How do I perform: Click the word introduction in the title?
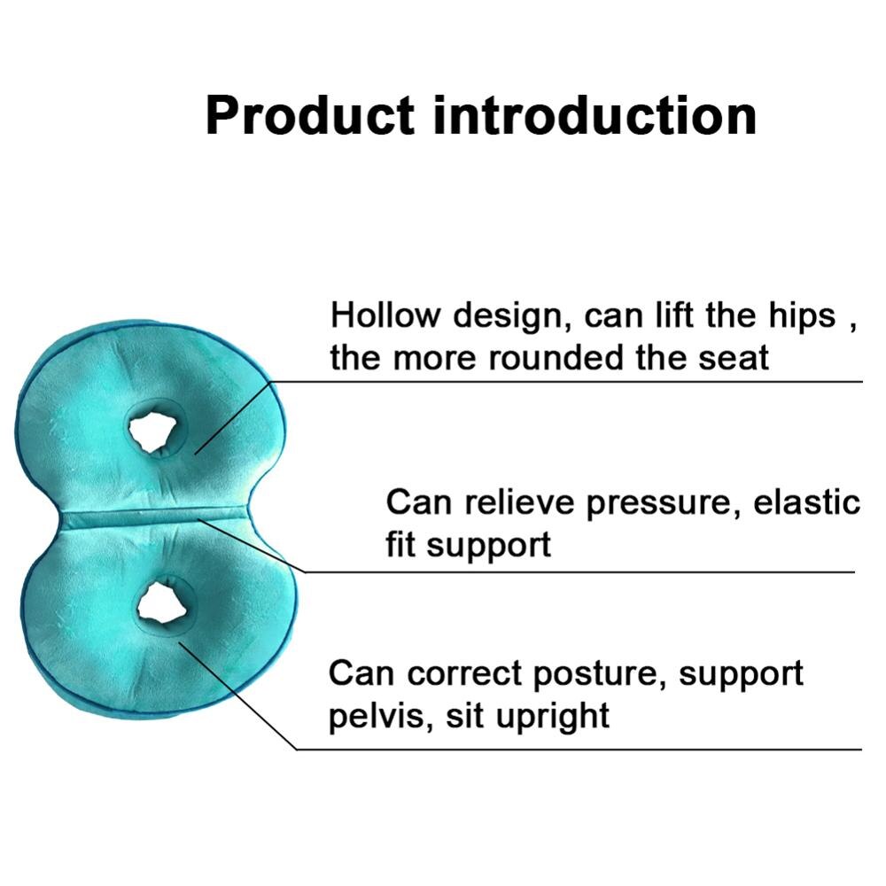coord(595,115)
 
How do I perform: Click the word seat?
coord(732,359)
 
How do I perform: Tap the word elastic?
coord(807,502)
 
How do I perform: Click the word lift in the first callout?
coord(674,315)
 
